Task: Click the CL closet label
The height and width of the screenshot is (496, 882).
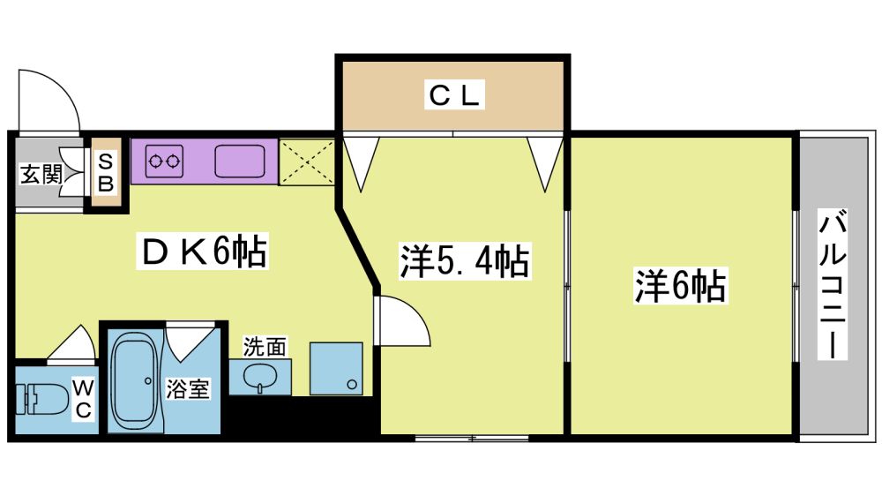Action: [454, 94]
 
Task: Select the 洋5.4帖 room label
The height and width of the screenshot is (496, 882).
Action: [465, 260]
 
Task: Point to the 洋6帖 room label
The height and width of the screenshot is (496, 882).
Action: [680, 285]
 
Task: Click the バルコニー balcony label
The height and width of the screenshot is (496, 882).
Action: [832, 284]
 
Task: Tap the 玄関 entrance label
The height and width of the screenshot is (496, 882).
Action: [41, 174]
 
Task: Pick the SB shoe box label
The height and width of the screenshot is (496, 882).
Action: [106, 173]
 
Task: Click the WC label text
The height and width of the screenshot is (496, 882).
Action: [83, 399]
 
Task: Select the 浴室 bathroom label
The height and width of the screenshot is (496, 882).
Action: [188, 389]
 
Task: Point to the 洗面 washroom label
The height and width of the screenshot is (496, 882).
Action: [265, 347]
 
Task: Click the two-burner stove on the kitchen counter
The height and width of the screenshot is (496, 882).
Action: [164, 162]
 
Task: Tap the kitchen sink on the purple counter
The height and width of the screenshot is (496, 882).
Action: [240, 161]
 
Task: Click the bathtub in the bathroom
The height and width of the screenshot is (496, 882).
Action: [135, 380]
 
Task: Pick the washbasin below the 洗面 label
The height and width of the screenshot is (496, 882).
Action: [260, 377]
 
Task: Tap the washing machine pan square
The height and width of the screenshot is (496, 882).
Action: [336, 368]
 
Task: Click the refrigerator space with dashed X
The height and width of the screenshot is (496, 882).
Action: [307, 162]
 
